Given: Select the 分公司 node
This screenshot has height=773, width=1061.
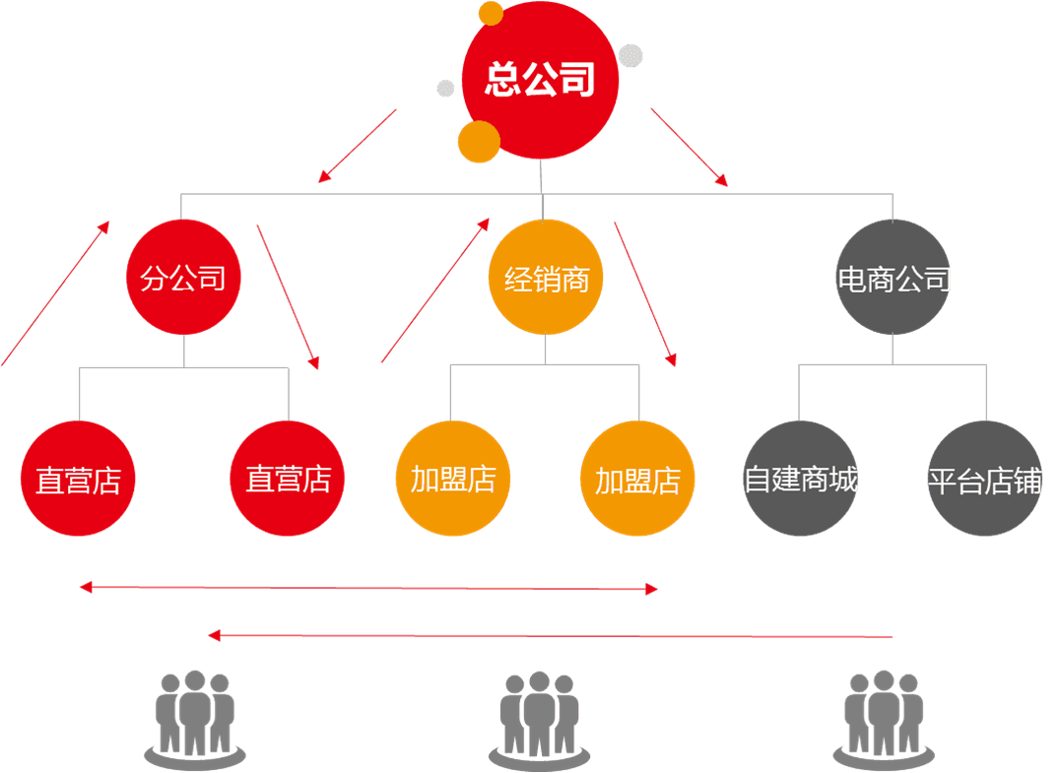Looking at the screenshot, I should point(183,279).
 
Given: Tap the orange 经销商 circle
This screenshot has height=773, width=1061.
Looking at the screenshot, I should point(546,279).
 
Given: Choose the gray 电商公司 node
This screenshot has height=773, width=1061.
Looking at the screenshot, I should point(894,279).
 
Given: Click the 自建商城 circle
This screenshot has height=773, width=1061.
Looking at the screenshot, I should point(800,480).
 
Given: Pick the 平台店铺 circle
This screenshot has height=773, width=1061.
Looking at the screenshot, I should point(984,480).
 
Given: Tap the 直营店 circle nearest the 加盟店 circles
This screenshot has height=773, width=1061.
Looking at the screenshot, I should point(288,480).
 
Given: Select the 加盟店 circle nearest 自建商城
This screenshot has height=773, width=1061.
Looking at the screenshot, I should point(637,480).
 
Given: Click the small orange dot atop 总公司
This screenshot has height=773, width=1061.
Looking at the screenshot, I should point(491,13).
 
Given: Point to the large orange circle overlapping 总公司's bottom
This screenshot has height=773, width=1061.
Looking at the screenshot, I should point(479,142).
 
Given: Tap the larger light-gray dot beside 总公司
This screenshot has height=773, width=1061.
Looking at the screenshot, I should point(631,55).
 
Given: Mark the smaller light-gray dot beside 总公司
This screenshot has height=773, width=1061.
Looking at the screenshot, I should point(445,89).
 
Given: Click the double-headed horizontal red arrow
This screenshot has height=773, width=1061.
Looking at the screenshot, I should point(368,589).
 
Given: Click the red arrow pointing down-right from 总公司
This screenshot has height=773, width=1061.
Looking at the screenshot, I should point(689,147).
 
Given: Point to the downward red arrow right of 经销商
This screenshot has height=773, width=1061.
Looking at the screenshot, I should point(645,293).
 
